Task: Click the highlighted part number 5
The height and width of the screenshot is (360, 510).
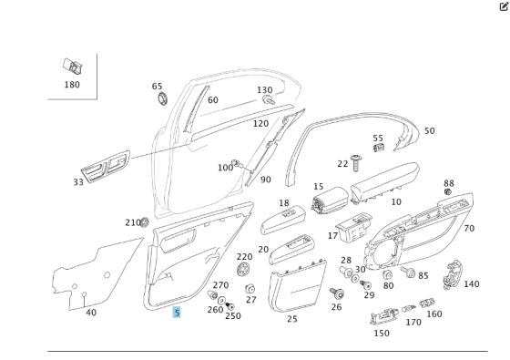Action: (178, 312)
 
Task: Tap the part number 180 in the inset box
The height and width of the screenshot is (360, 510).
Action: (72, 85)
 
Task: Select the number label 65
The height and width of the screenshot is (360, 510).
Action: (158, 86)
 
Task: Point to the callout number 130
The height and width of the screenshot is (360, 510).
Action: (264, 90)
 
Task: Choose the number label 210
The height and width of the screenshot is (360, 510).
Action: (132, 222)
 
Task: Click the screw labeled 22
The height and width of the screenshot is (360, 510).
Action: (356, 160)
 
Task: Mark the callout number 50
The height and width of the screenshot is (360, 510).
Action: (429, 131)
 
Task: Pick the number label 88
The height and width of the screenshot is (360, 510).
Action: (448, 183)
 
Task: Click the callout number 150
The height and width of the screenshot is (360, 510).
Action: (382, 333)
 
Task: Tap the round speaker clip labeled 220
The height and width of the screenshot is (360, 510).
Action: (243, 270)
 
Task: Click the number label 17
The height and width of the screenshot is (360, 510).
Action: (332, 236)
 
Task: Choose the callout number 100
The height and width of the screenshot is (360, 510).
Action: (224, 168)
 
